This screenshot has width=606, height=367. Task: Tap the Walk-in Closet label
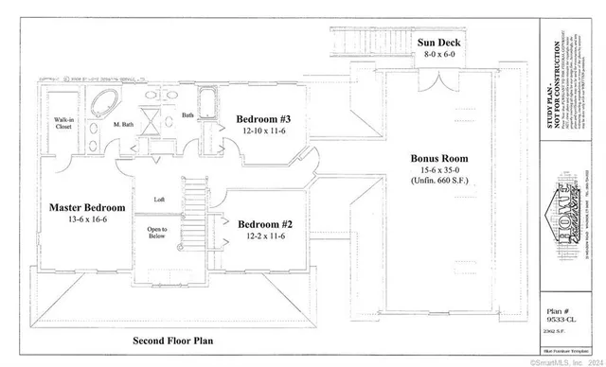[x=63, y=124]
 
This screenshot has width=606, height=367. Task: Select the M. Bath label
[x=122, y=124]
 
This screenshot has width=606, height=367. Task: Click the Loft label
[x=160, y=200]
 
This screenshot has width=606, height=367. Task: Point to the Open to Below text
[x=157, y=233]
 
